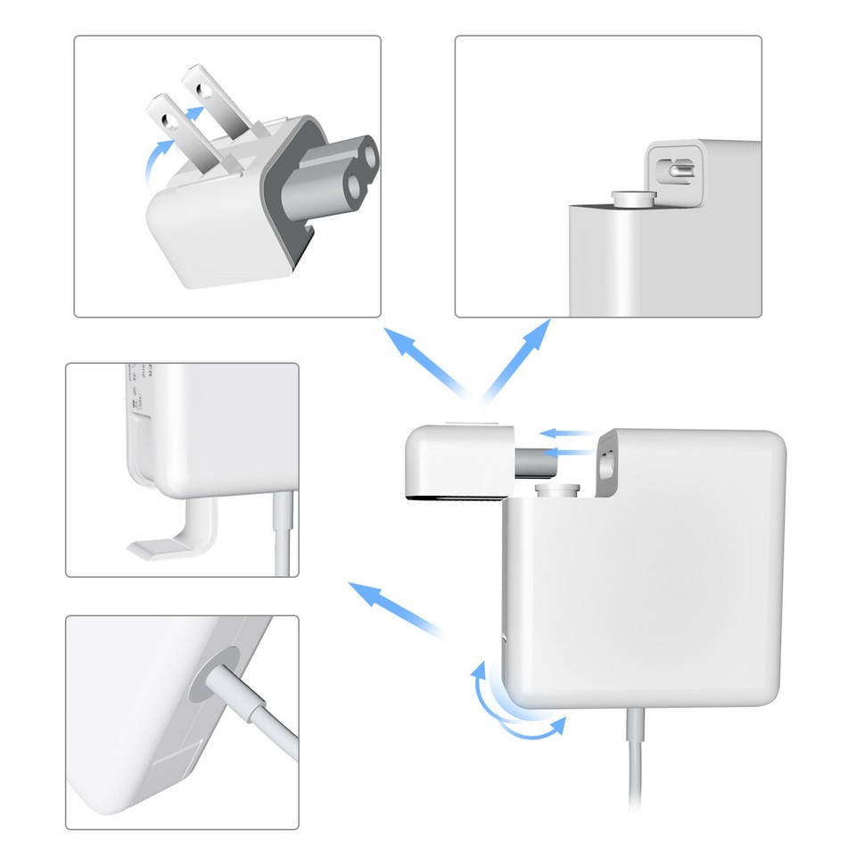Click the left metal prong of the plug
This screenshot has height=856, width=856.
pyautogui.click(x=165, y=125)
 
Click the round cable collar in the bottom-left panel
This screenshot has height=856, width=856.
pyautogui.click(x=217, y=679)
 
